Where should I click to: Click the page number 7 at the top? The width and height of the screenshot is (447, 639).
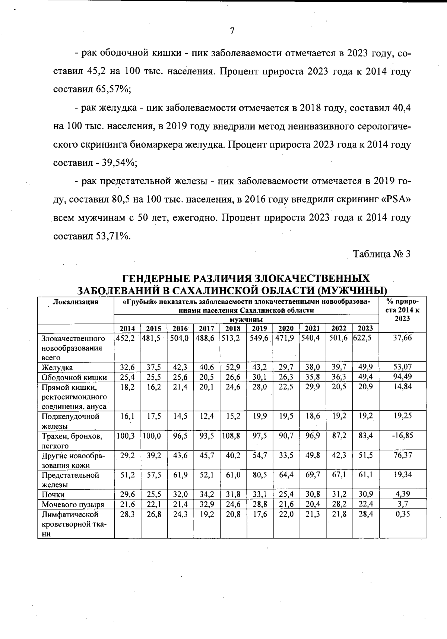click(x=232, y=31)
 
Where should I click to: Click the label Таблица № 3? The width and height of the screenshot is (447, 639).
click(x=382, y=254)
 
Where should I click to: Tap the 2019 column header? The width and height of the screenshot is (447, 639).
click(x=259, y=329)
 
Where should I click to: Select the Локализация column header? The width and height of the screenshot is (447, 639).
click(x=76, y=302)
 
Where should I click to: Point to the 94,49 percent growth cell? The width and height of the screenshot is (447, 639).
click(x=403, y=377)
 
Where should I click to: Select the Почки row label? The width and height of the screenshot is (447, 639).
click(x=53, y=494)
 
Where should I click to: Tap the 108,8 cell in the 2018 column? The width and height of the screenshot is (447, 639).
click(x=232, y=435)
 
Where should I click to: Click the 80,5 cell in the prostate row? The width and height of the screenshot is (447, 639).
click(x=259, y=475)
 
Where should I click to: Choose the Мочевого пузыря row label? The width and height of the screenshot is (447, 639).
click(x=73, y=504)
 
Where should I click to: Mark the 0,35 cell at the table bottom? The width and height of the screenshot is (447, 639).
click(x=403, y=514)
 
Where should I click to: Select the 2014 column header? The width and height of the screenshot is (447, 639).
click(x=127, y=329)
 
